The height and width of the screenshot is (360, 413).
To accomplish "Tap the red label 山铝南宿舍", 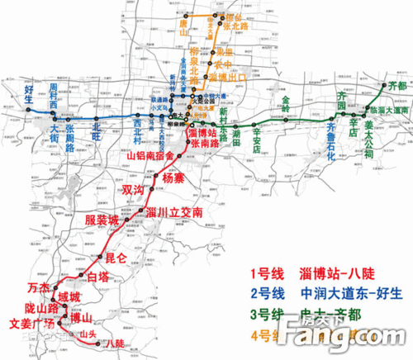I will tap(150, 154).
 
